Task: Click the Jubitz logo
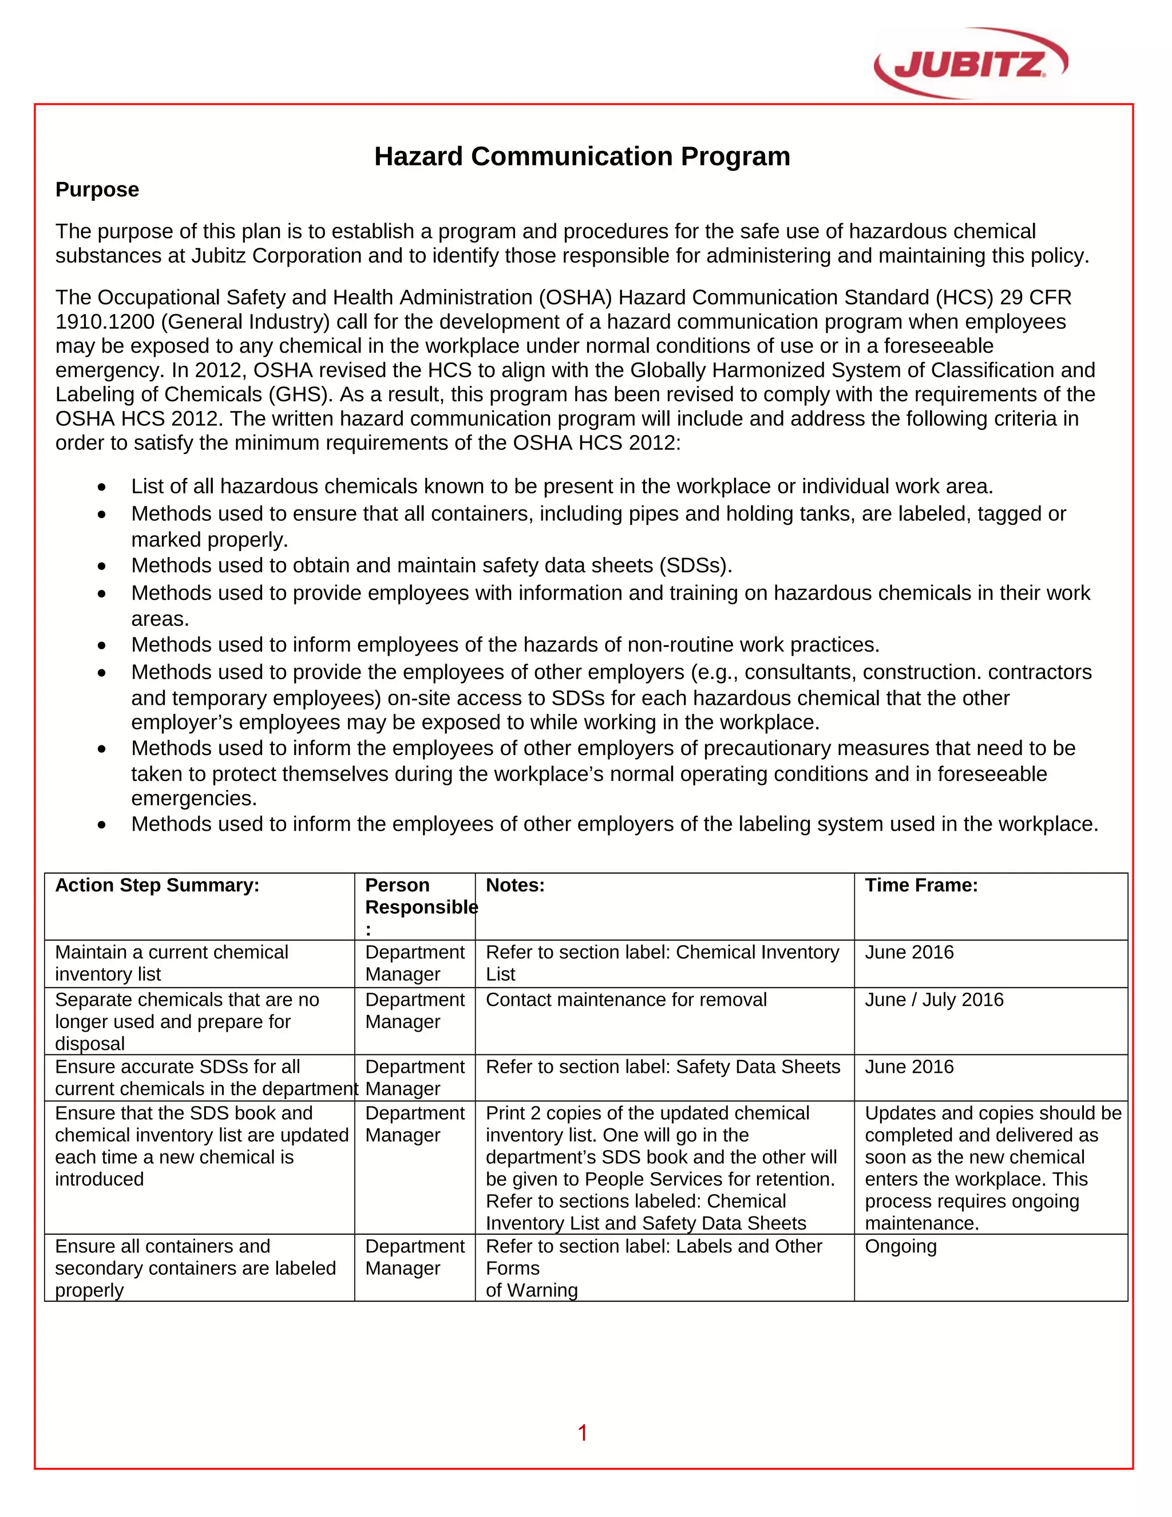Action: (971, 63)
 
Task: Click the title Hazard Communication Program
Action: (582, 156)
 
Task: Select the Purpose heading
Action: (97, 189)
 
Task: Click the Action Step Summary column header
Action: (157, 886)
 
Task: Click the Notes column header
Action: (515, 886)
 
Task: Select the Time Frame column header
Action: (921, 886)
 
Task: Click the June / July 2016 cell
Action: (934, 1000)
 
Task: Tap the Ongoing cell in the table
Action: (901, 1246)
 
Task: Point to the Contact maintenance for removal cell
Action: (625, 1000)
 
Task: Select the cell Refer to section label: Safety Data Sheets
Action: (662, 1067)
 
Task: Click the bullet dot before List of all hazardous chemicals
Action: (102, 488)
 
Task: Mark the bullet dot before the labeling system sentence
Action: (102, 825)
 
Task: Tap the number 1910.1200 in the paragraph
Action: (105, 322)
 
